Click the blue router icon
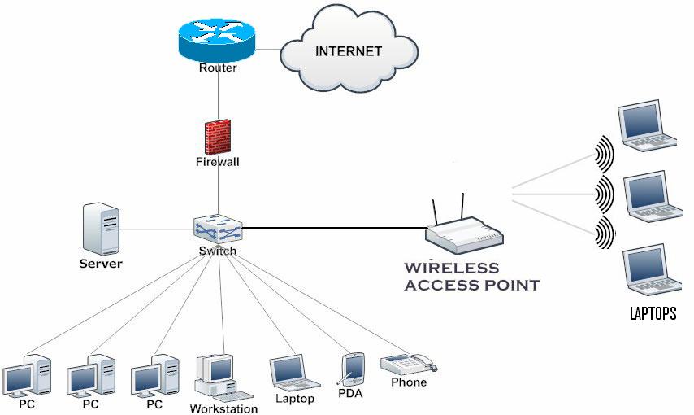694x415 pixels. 217,40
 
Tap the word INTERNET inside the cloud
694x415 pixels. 348,50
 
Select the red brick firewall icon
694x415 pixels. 218,137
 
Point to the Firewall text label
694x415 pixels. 218,162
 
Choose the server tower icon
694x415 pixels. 102,229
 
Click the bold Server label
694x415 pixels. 101,264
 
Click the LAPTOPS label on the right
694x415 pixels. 653,314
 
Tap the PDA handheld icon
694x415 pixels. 353,369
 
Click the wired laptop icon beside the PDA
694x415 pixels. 292,372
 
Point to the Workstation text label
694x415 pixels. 223,408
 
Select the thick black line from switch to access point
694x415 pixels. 333,229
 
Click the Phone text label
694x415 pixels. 408,382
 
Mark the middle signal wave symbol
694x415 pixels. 604,193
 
